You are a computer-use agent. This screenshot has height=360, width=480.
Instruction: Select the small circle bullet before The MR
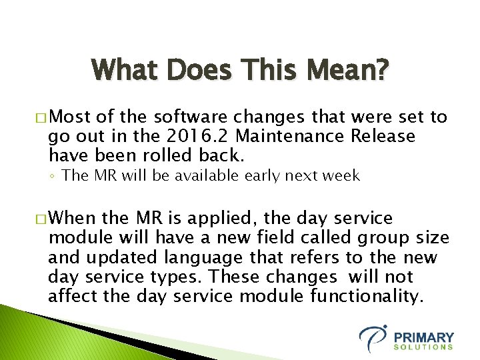pos(53,177)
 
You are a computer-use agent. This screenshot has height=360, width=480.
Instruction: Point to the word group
pos(381,238)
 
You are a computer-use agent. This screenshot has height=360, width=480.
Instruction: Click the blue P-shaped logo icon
pos(373,338)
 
